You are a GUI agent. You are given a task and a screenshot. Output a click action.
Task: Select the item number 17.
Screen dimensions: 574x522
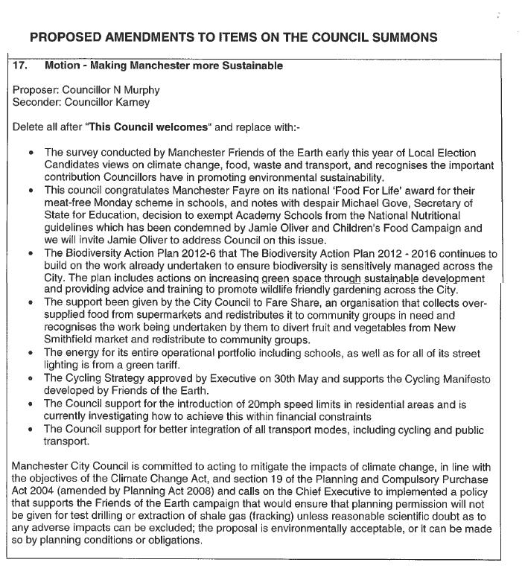(21, 66)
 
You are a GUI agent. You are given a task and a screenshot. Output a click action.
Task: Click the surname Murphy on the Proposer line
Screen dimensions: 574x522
(141, 90)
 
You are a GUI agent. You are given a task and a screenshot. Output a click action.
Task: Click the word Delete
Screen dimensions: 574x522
(28, 127)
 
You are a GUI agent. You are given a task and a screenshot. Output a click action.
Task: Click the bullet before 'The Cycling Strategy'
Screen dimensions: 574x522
(31, 379)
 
